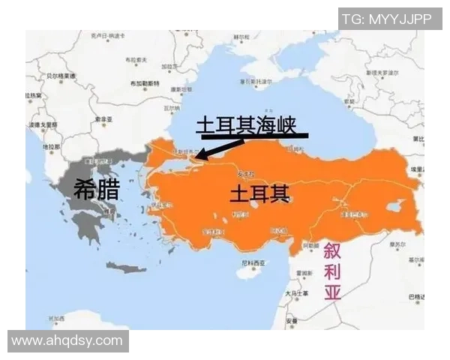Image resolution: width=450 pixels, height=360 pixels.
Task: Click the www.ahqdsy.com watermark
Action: click(x=67, y=340)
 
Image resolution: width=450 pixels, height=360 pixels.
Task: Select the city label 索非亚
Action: click(x=103, y=120)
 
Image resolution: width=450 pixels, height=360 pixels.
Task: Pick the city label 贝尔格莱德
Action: click(x=61, y=75)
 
